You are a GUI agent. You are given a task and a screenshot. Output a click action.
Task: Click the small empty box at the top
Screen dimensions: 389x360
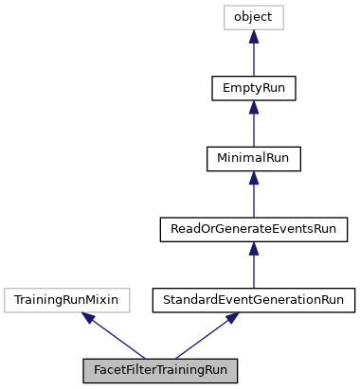pyautogui.click(x=254, y=18)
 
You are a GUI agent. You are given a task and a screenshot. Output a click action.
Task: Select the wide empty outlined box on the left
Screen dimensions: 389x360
pyautogui.click(x=67, y=301)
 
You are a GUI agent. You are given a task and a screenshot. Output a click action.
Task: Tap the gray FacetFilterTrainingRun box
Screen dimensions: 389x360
pyautogui.click(x=160, y=371)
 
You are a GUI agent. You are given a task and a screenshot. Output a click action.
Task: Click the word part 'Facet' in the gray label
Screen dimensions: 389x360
pyautogui.click(x=109, y=371)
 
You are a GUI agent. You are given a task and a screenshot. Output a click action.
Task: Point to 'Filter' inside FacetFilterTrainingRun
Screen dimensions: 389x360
pyautogui.click(x=138, y=371)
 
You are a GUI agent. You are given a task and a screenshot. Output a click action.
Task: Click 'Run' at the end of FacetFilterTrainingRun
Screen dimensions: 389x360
pyautogui.click(x=216, y=371)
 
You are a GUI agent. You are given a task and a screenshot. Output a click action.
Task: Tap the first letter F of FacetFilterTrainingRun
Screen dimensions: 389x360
pyautogui.click(x=97, y=371)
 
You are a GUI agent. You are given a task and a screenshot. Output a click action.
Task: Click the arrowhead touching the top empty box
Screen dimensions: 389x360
pyautogui.click(x=254, y=37)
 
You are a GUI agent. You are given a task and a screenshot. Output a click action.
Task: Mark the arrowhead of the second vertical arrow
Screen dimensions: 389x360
pyautogui.click(x=254, y=108)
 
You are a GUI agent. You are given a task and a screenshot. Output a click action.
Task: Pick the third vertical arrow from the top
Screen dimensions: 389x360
pyautogui.click(x=254, y=200)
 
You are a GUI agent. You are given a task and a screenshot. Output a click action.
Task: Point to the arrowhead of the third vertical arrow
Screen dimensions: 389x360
pyautogui.click(x=254, y=178)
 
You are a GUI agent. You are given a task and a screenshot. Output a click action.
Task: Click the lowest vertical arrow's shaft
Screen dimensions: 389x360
pyautogui.click(x=254, y=271)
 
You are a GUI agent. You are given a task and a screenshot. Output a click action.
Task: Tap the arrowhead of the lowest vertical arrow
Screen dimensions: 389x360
pyautogui.click(x=254, y=249)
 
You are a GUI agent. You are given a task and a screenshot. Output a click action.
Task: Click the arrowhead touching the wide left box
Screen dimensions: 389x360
pyautogui.click(x=89, y=318)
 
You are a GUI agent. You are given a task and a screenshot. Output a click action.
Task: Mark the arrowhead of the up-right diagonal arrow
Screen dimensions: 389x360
pyautogui.click(x=232, y=318)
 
